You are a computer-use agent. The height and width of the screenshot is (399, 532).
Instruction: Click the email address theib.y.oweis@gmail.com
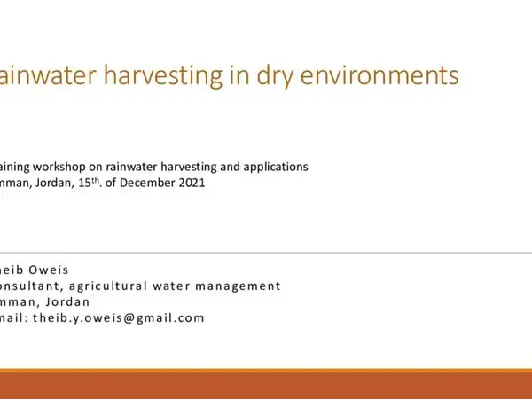point(118,317)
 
